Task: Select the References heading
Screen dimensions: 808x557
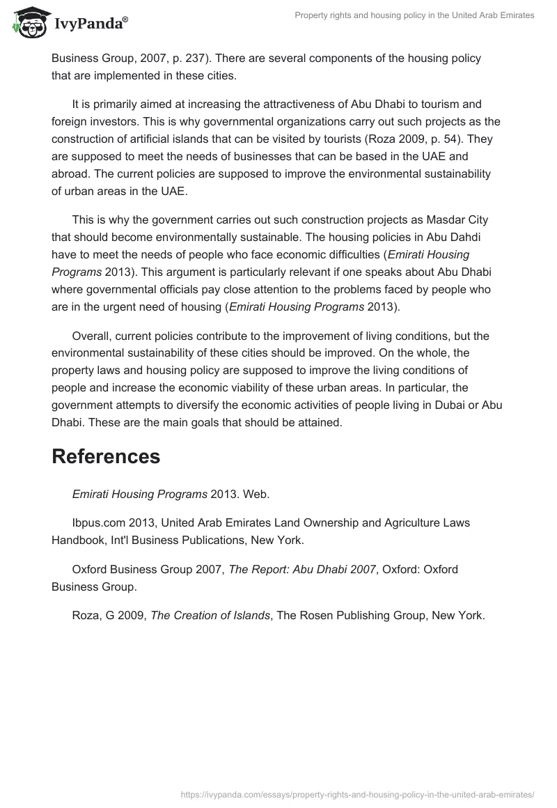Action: [x=106, y=456]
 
